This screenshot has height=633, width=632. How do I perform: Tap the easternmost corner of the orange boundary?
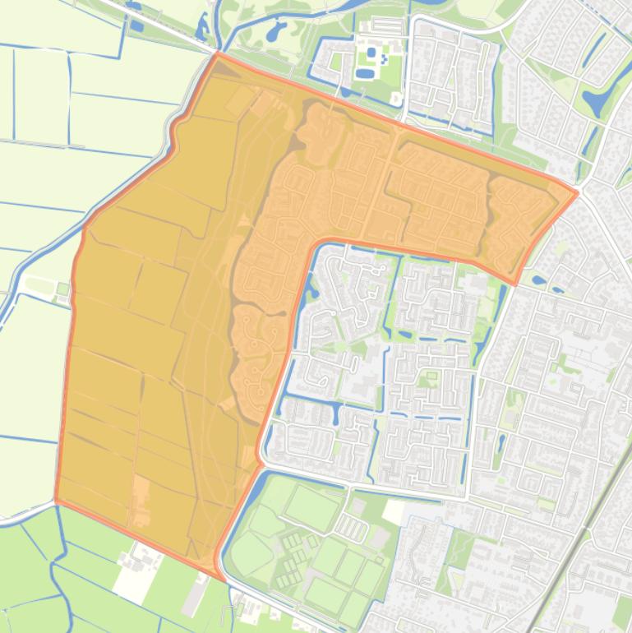[578, 193]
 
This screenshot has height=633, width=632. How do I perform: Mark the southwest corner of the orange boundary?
[56, 499]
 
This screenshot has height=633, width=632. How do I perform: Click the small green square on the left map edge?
[62, 289]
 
